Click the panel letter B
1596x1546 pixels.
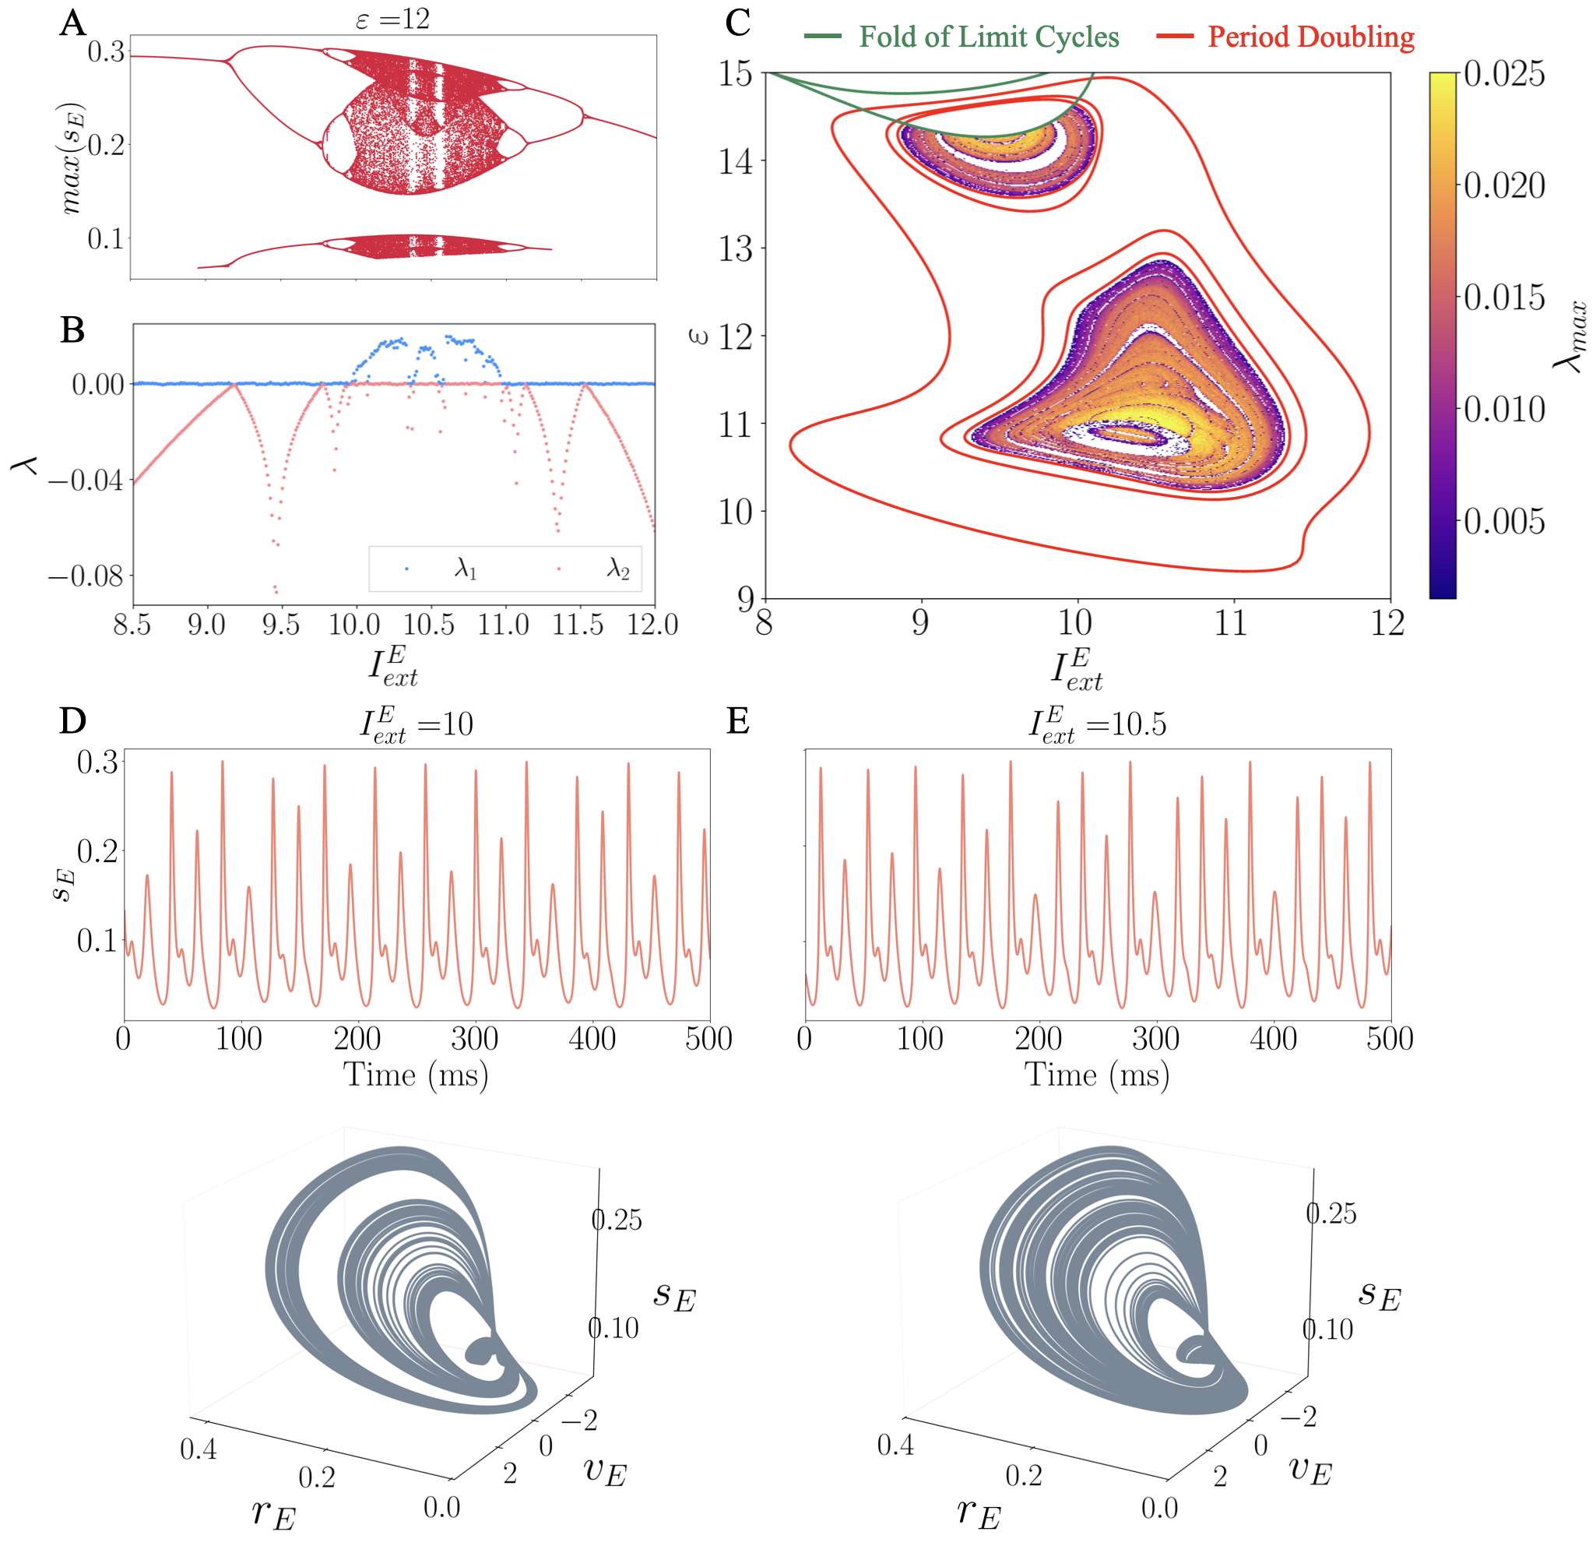tap(72, 330)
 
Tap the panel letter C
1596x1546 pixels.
tap(738, 23)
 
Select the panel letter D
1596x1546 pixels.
tap(72, 721)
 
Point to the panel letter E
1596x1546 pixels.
tap(738, 721)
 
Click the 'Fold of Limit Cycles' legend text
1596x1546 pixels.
tap(989, 37)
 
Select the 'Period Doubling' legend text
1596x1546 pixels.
tap(1310, 37)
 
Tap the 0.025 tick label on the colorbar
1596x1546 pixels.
tap(1504, 74)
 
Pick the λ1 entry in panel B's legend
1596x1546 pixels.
tap(465, 569)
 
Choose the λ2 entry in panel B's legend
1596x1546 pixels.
tap(618, 569)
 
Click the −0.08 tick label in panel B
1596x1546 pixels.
tap(86, 576)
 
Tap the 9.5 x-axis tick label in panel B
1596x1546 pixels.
tap(281, 625)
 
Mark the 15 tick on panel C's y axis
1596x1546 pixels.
tap(735, 74)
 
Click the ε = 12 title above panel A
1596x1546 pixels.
tap(392, 18)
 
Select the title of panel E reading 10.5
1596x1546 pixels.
tap(1098, 724)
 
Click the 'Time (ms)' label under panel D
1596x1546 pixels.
tap(416, 1074)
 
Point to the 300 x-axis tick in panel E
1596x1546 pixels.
tap(1155, 1038)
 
